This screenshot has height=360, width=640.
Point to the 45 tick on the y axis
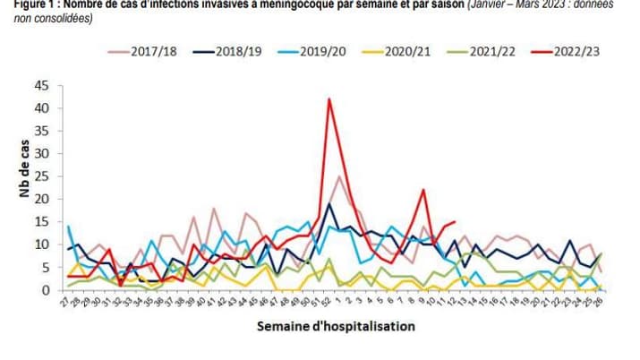pyautogui.click(x=41, y=86)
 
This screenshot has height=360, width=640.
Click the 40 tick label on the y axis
pyautogui.click(x=41, y=108)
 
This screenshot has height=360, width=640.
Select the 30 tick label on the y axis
pyautogui.click(x=41, y=154)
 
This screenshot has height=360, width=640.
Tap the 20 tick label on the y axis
pyautogui.click(x=41, y=200)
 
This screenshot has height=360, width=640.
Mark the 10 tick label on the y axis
pyautogui.click(x=41, y=244)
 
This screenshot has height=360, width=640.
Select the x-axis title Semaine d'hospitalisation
pyautogui.click(x=336, y=327)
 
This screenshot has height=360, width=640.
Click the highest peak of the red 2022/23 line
pyautogui.click(x=329, y=99)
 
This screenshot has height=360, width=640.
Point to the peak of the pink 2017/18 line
pyautogui.click(x=339, y=176)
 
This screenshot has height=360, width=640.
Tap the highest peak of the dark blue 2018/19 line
pyautogui.click(x=329, y=204)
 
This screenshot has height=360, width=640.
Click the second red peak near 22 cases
pyautogui.click(x=422, y=190)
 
